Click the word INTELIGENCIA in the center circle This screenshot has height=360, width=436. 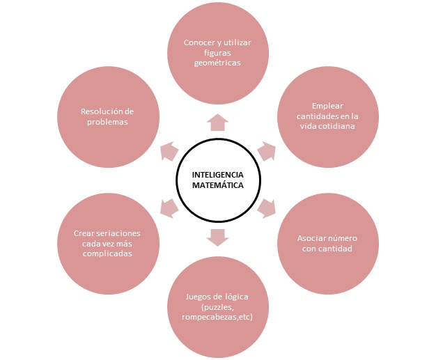218,175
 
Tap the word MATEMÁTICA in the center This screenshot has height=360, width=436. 218,185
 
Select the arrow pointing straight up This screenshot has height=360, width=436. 218,122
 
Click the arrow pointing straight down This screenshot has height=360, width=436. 218,237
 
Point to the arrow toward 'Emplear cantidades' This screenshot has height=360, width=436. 267,151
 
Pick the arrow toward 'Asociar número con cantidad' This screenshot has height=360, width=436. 267,208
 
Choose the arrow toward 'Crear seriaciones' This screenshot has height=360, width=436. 169,208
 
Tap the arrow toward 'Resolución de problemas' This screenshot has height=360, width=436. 169,151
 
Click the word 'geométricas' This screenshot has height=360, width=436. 217,63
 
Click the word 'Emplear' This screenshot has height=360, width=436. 327,107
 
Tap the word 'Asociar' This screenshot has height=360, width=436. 311,238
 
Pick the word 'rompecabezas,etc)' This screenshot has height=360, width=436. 217,317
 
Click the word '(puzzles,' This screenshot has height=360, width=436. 217,307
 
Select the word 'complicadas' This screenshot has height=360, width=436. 107,253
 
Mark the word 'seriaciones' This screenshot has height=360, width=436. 117,233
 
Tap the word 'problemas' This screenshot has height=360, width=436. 107,122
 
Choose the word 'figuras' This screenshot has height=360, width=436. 217,53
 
